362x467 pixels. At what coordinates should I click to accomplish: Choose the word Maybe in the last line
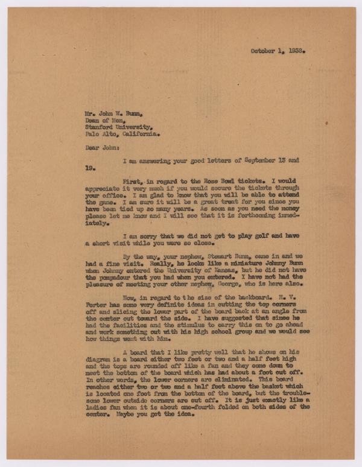point(117,414)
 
